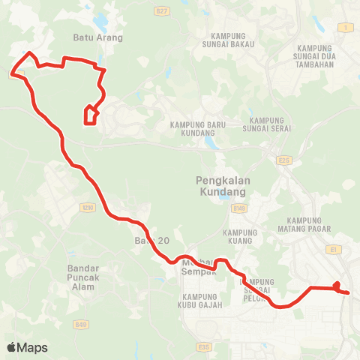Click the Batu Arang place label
click(x=97, y=36)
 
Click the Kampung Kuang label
click(x=240, y=236)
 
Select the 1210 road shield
click(x=89, y=206)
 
